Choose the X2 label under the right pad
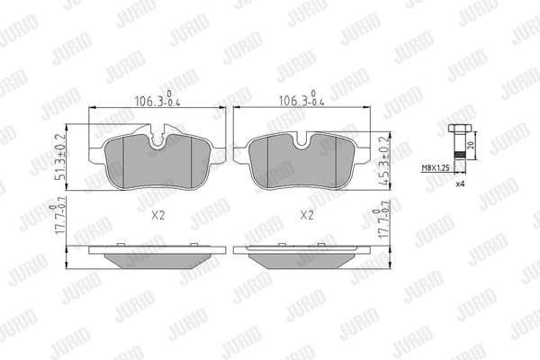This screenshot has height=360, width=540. pos(306,216)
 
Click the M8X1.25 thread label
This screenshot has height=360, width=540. pos(439,168)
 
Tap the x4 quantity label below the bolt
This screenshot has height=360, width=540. pos(459,184)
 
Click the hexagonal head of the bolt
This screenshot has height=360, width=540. pos(456,129)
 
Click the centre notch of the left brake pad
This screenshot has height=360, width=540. pos(159,142)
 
